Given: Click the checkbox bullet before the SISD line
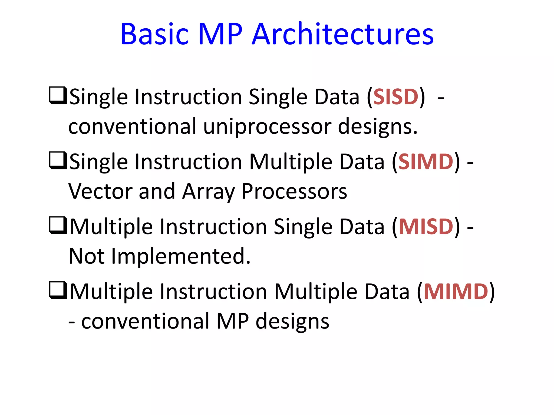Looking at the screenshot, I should click(58, 95).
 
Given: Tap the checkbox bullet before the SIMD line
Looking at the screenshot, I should click(58, 160).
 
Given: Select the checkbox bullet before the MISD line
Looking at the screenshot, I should click(58, 225).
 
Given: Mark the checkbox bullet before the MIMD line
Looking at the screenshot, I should click(58, 290).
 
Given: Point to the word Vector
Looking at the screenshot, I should click(100, 191).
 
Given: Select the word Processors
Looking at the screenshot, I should click(294, 191).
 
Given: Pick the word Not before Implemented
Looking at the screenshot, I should click(87, 256).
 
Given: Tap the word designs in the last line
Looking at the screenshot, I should click(292, 322).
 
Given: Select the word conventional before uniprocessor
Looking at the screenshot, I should click(132, 126).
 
